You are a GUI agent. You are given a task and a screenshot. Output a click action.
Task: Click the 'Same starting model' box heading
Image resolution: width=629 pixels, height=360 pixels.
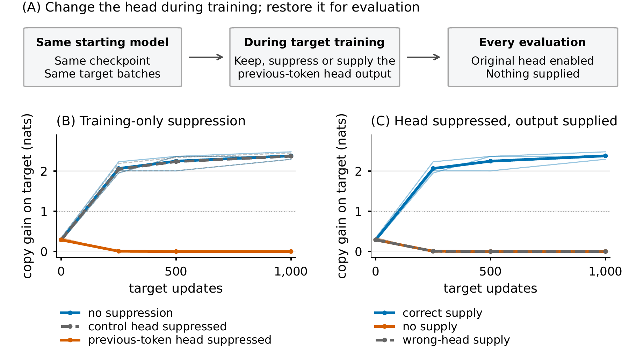click(102, 42)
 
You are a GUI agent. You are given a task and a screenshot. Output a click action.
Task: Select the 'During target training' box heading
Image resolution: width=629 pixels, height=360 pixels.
click(314, 42)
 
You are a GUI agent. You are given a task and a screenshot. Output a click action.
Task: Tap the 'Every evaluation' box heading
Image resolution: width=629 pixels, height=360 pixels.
click(533, 42)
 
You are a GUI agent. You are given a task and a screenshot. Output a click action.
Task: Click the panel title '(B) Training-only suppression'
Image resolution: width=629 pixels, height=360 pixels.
click(151, 121)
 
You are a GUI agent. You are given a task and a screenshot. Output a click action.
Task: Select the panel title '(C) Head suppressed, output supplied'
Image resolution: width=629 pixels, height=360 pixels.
click(494, 121)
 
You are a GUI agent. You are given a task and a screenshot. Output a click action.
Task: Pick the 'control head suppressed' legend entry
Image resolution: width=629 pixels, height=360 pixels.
click(143, 326)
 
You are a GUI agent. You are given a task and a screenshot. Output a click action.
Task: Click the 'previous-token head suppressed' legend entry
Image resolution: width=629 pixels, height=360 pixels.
click(166, 340)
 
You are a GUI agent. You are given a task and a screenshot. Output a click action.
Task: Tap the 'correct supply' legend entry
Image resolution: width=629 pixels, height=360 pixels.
click(428, 313)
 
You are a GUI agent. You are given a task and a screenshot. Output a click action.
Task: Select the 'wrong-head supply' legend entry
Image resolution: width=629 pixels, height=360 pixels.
click(442, 340)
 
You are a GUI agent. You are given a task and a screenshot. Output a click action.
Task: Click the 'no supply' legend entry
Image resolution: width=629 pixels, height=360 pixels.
click(416, 326)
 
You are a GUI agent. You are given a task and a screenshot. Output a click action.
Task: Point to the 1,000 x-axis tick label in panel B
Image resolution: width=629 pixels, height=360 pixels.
click(291, 272)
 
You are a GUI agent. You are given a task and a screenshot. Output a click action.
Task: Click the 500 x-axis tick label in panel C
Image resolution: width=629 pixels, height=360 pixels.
click(491, 272)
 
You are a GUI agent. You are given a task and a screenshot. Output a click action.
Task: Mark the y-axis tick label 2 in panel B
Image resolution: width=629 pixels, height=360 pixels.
click(44, 171)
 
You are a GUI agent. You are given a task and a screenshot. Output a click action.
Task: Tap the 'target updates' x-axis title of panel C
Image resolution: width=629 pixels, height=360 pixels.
click(490, 288)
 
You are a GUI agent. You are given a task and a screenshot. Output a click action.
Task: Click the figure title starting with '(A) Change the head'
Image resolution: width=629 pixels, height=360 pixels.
click(221, 7)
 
